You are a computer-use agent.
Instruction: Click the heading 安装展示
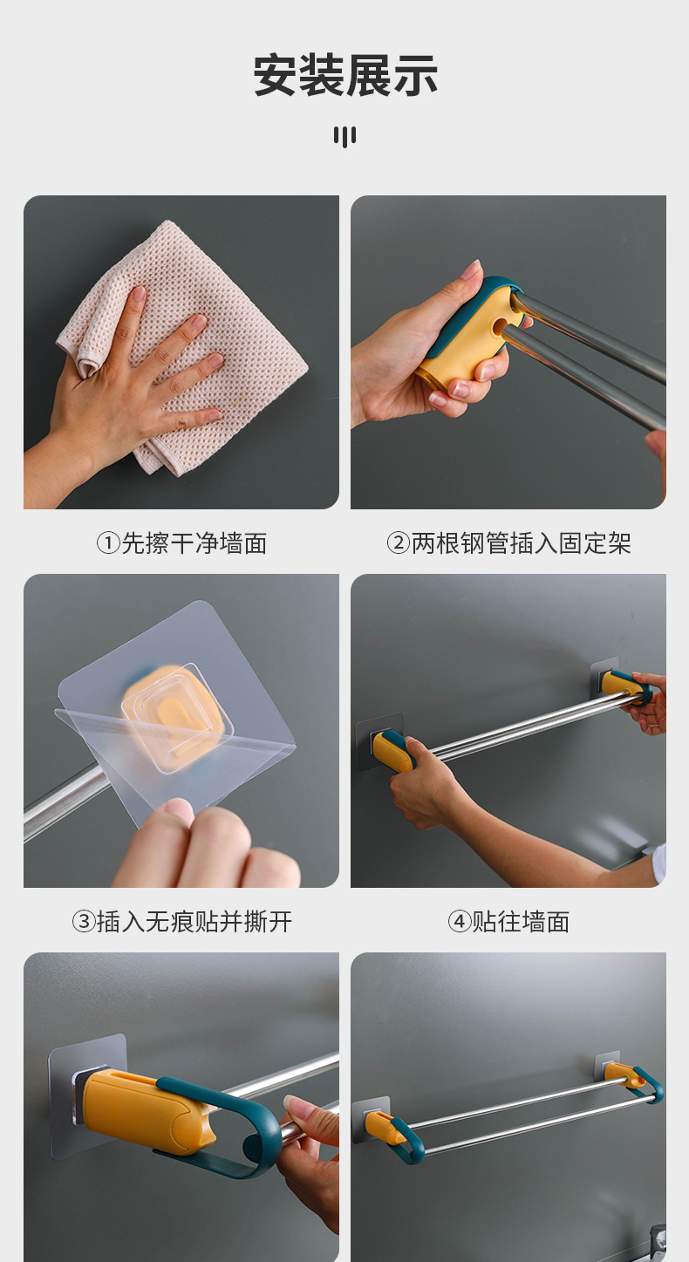click(x=344, y=75)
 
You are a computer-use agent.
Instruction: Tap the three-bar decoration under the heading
click(x=344, y=136)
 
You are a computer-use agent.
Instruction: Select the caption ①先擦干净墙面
click(x=182, y=543)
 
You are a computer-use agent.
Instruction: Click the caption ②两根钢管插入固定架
click(x=508, y=543)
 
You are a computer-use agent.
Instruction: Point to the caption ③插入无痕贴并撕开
click(x=182, y=922)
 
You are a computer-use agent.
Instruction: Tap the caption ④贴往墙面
click(x=508, y=922)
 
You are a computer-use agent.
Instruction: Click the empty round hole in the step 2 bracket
click(x=500, y=325)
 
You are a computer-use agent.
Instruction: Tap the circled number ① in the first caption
click(x=108, y=543)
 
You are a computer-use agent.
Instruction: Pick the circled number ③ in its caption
click(x=84, y=922)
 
